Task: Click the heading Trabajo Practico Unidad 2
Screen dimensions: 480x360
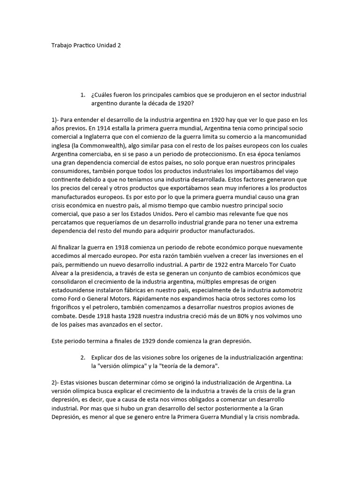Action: tap(86, 46)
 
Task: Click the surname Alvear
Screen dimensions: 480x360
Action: tap(60, 272)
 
